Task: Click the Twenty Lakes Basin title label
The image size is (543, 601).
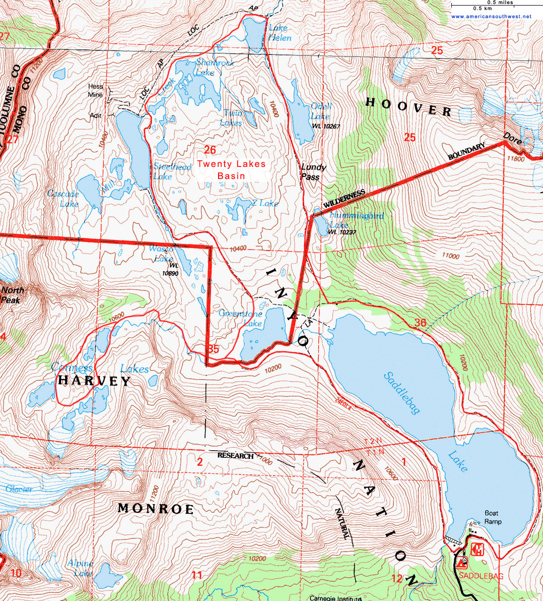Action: (231, 170)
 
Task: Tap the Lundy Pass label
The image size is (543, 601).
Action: (313, 171)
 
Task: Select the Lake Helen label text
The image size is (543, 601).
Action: (280, 33)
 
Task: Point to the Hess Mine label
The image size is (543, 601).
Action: (95, 90)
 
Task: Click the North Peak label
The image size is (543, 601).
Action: (13, 294)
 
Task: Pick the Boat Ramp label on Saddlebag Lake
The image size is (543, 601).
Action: (493, 517)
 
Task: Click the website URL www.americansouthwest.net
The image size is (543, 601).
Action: (491, 16)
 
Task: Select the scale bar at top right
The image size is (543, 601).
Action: (491, 5)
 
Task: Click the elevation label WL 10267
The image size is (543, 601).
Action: (327, 126)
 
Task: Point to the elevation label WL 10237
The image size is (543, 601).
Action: (342, 232)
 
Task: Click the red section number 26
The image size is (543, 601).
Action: (210, 150)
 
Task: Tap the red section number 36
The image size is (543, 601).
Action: (420, 323)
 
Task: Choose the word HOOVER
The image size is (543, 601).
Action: (408, 106)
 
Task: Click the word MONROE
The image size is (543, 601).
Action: (156, 509)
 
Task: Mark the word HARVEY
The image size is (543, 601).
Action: (94, 381)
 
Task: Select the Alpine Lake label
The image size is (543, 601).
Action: (80, 568)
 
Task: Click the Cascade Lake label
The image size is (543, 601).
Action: (63, 199)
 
